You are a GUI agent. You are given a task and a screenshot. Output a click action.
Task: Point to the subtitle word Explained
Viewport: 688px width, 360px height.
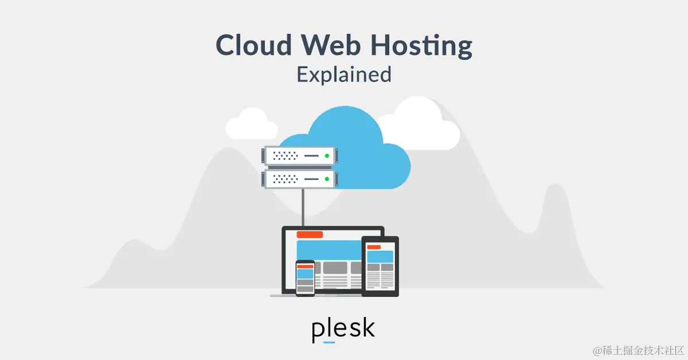point(344,75)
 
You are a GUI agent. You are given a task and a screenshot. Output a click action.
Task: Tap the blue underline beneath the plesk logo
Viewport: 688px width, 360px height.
point(329,342)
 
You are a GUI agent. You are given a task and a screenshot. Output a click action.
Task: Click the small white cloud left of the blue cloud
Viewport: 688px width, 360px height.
point(251,123)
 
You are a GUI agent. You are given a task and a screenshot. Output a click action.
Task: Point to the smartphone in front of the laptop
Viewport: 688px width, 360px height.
point(305,278)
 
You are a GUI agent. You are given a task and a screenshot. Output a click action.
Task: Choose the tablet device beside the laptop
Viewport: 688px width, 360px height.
point(380,267)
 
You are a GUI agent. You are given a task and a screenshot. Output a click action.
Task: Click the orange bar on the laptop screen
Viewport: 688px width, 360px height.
point(310,234)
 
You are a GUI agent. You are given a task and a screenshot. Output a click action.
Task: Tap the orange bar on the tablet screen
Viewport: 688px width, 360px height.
point(374,247)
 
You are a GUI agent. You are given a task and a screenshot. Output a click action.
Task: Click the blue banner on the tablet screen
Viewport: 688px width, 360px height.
point(380,256)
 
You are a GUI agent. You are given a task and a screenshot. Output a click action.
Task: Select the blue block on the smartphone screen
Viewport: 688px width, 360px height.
point(305,273)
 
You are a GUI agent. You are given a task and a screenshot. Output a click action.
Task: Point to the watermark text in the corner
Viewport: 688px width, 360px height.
point(636,349)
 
